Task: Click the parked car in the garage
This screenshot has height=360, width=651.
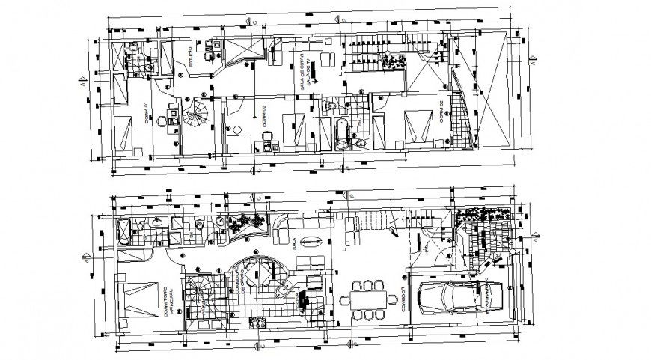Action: pyautogui.click(x=458, y=297)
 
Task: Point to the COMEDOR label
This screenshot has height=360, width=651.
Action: pyautogui.click(x=403, y=299)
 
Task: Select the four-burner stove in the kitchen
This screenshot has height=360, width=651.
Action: pyautogui.click(x=257, y=323)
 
